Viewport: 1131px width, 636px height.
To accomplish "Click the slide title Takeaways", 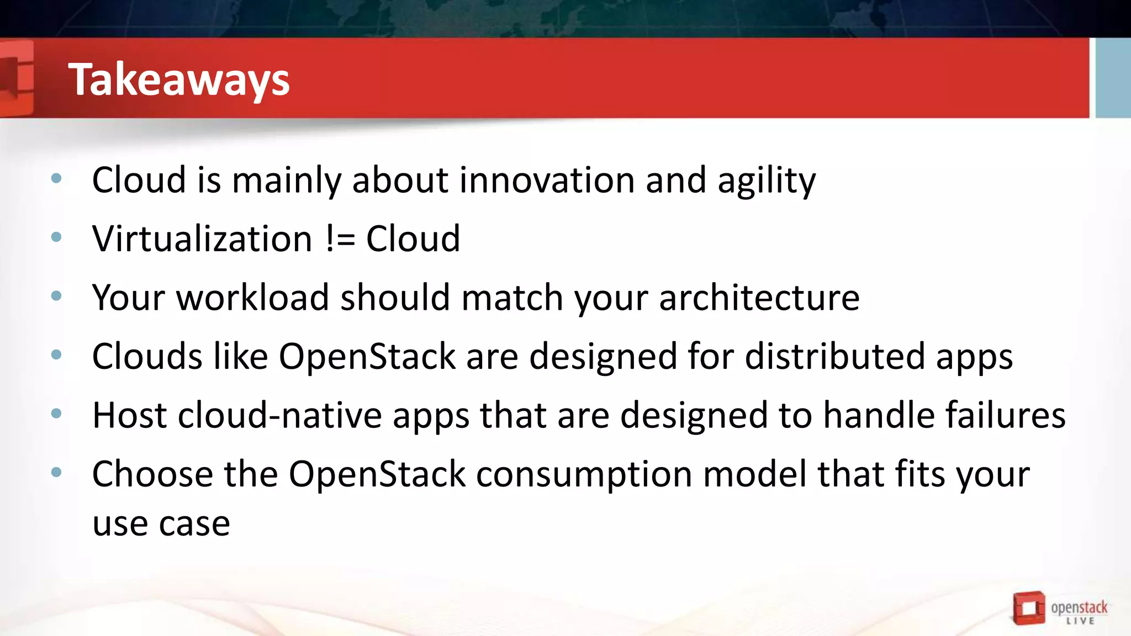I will [178, 79].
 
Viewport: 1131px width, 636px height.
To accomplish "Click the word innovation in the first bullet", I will [547, 180].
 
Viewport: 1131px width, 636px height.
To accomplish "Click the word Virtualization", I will [202, 239].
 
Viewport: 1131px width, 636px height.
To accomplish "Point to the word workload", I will [252, 298].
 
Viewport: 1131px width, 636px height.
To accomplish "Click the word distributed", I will [834, 356].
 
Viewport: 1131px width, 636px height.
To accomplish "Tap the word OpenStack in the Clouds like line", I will [367, 356].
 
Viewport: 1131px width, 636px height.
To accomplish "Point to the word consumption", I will [584, 474].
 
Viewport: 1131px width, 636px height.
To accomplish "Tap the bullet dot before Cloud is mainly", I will [56, 178].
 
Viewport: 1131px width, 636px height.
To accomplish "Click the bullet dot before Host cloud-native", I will [56, 414].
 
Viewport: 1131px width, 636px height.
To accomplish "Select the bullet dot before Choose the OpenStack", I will [56, 473].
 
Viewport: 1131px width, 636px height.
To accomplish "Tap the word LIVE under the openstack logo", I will [1080, 621].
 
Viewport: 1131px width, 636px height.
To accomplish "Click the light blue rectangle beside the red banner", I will [1112, 77].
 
